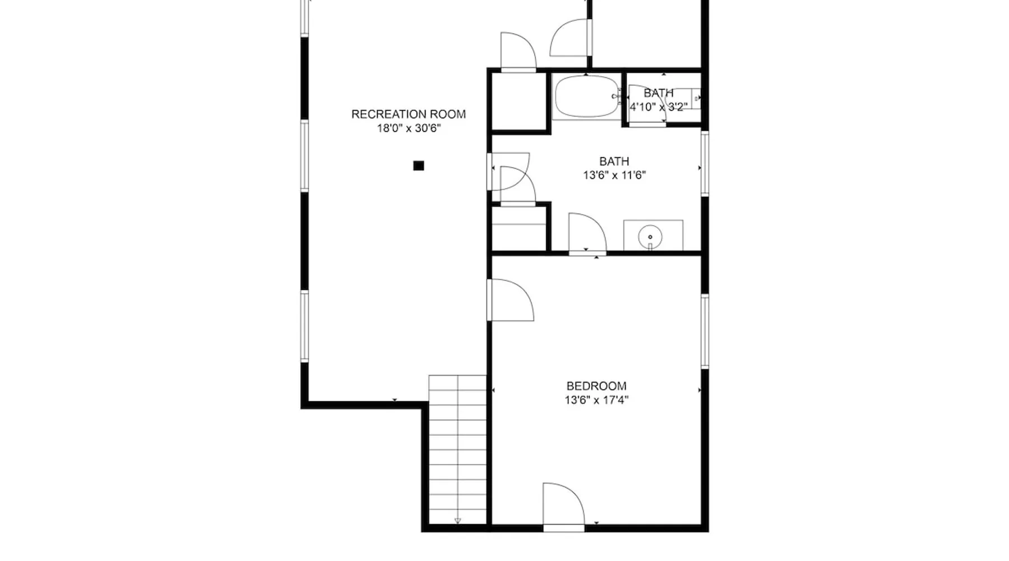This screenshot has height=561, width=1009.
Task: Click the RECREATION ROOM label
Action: click(408, 114)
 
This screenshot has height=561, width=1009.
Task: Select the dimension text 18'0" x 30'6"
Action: click(409, 128)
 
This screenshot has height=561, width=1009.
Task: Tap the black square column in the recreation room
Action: click(418, 165)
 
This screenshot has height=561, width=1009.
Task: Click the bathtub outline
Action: click(586, 96)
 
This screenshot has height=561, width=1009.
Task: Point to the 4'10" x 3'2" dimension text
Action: click(658, 107)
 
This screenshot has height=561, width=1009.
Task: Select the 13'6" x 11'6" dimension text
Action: click(614, 176)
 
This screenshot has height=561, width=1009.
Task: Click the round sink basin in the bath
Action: click(650, 237)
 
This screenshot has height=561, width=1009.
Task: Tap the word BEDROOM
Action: click(596, 386)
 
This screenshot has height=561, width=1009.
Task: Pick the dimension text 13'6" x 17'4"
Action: click(596, 400)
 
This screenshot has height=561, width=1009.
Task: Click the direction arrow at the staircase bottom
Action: click(457, 521)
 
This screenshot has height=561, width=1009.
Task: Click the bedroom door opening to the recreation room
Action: click(510, 300)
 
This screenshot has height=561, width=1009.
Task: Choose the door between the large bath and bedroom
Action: click(587, 234)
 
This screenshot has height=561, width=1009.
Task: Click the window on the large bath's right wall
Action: click(705, 163)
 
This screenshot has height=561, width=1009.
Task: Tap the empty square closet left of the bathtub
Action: click(519, 102)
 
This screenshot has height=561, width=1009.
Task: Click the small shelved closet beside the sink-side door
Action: click(519, 228)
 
